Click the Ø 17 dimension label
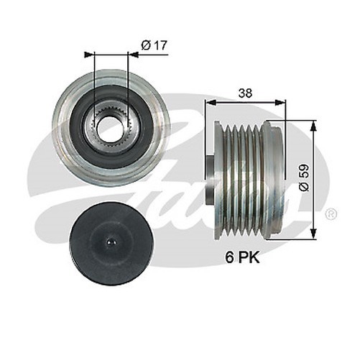pyautogui.click(x=154, y=45)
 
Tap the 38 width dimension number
pyautogui.click(x=246, y=93)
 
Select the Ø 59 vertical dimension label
pyautogui.click(x=303, y=177)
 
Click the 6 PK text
pyautogui.click(x=242, y=257)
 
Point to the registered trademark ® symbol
pyautogui.click(x=331, y=213)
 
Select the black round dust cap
pyautogui.click(x=112, y=244)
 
